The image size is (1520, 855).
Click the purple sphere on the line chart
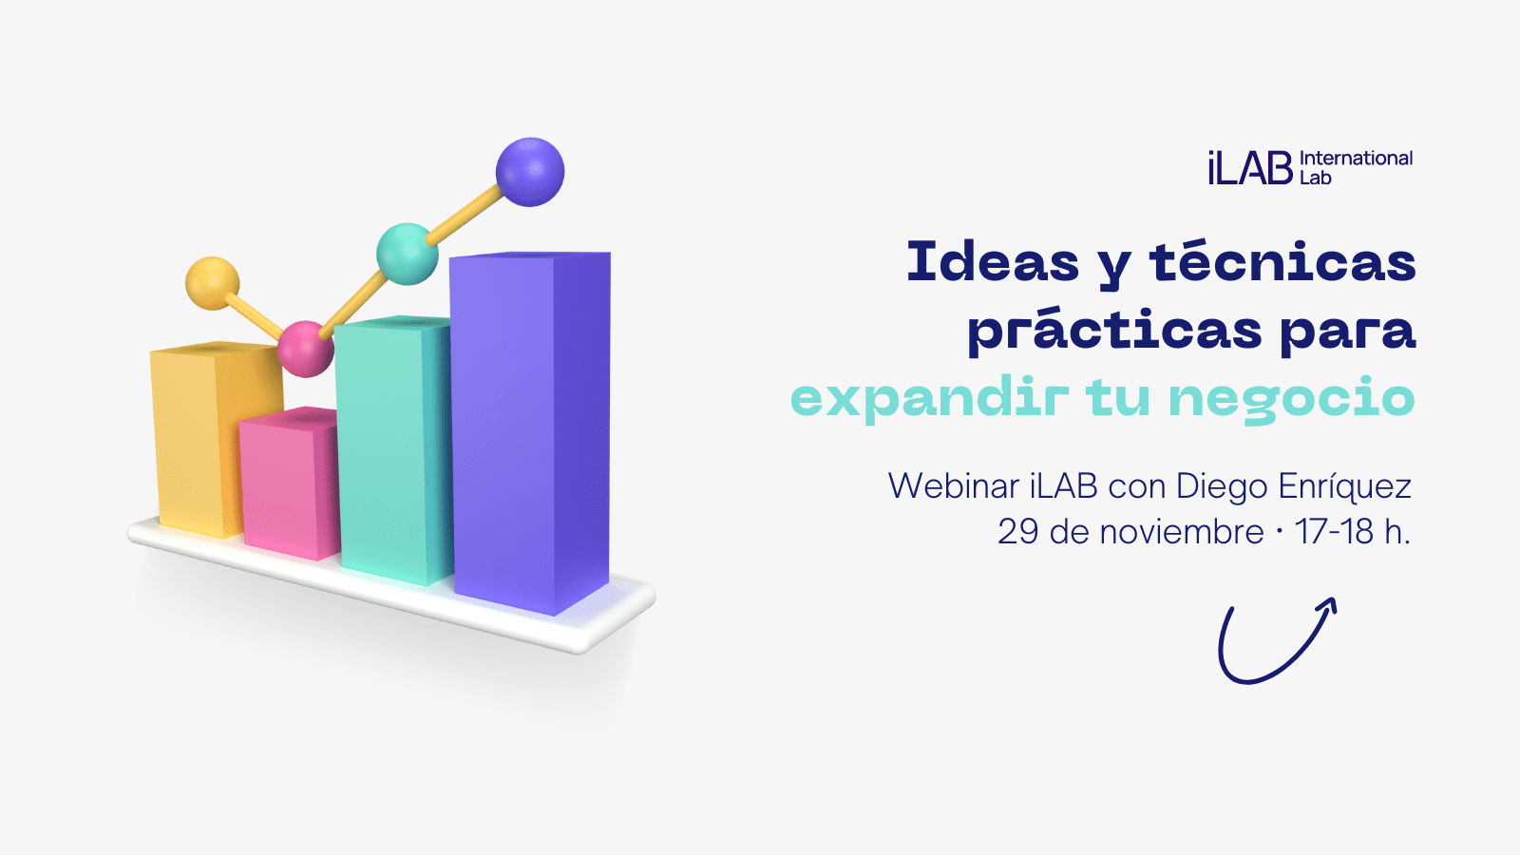point(530,172)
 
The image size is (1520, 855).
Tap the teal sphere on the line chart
point(408,254)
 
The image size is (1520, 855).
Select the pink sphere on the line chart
point(306,349)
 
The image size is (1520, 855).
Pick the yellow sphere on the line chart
point(213,284)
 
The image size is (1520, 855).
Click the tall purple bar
point(530,433)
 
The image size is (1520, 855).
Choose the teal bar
point(393,450)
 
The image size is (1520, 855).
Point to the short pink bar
point(289,484)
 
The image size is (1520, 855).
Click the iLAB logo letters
point(1250,167)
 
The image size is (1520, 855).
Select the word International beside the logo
point(1356,159)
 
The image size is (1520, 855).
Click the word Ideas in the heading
point(993,262)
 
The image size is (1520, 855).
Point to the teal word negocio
point(1291,400)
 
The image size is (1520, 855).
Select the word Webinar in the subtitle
point(954,485)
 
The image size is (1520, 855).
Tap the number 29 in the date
point(1017,532)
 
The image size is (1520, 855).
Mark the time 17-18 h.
point(1353,531)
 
